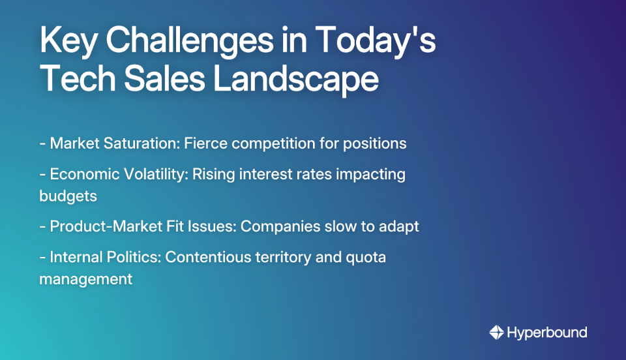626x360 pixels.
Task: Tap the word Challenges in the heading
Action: click(185, 42)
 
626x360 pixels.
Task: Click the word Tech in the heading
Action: click(72, 80)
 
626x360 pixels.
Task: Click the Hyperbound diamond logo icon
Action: click(496, 333)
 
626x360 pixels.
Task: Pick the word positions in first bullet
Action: click(376, 143)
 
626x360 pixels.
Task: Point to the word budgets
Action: click(68, 195)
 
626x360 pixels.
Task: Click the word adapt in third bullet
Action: click(400, 226)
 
